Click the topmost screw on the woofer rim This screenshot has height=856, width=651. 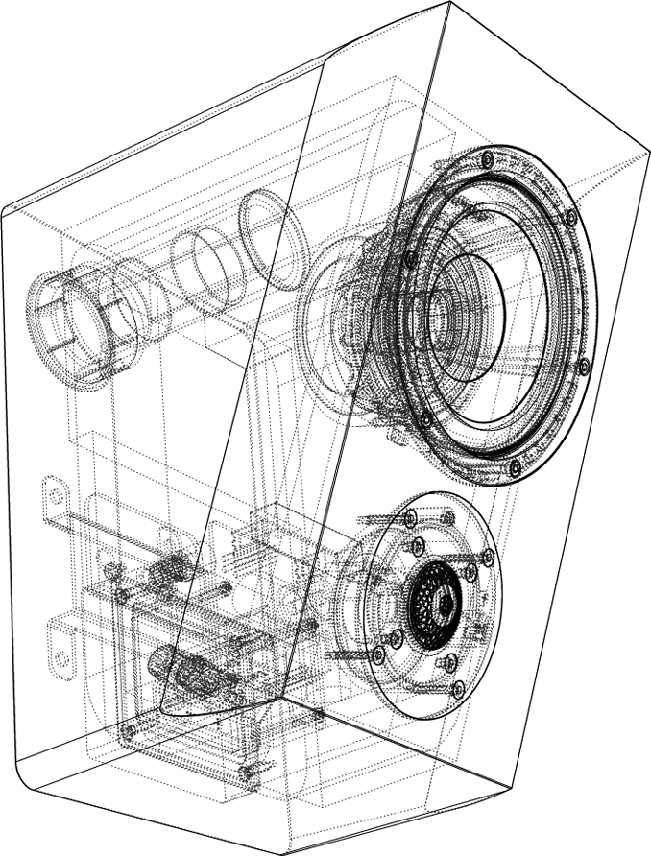[x=489, y=156]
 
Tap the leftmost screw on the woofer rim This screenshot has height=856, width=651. [x=410, y=258]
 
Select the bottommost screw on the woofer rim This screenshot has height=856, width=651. [x=515, y=468]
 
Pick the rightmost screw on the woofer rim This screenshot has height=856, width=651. [x=586, y=364]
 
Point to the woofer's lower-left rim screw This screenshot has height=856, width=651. [x=424, y=416]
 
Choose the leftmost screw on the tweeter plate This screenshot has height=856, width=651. [x=376, y=654]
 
